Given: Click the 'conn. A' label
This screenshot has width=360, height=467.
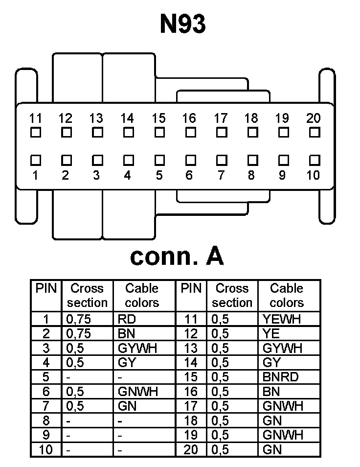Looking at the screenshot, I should [x=177, y=256].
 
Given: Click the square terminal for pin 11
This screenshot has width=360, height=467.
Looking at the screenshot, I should [x=35, y=132].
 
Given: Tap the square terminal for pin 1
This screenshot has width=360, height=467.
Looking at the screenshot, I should [x=35, y=160].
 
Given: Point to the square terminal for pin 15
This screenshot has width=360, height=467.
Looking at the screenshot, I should [x=159, y=132].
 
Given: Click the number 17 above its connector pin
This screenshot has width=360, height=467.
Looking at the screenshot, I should [x=221, y=118].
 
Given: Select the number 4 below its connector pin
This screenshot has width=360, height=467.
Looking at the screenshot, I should [x=128, y=175].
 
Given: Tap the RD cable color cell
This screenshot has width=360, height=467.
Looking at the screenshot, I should [x=127, y=320].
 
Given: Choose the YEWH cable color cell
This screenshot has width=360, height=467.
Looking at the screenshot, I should [x=281, y=320].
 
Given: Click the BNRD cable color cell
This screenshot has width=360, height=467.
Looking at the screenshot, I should [x=280, y=377].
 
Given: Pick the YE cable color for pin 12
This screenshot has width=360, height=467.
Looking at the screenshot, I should [x=272, y=334].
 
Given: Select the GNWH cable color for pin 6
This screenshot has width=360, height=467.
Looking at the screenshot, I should [x=138, y=392].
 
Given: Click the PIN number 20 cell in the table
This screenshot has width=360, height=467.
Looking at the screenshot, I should [x=191, y=449].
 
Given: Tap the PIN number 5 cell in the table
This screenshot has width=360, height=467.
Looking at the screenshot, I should [x=46, y=377].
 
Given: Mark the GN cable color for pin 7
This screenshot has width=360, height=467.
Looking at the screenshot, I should [x=127, y=406].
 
